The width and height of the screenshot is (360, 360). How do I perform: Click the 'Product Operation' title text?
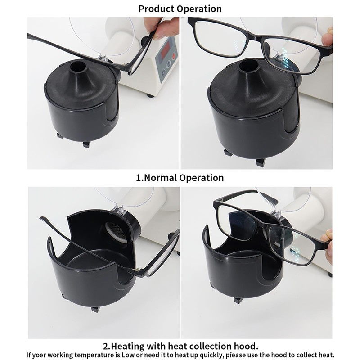[x=180, y=9]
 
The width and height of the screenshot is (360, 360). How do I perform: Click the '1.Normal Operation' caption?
[x=180, y=177]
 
